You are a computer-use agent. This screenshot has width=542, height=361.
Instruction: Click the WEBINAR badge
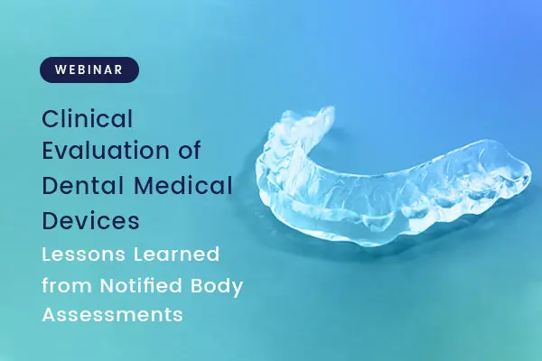pos(89,69)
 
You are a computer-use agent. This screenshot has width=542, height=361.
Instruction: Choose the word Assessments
pos(113,316)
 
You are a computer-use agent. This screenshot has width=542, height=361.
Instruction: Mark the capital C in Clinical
pos(51,118)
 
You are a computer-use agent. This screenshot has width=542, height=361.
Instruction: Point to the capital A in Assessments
pos(50,316)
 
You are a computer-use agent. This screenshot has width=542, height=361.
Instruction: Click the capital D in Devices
pos(51,219)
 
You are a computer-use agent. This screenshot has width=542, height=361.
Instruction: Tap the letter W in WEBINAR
pos(59,69)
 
